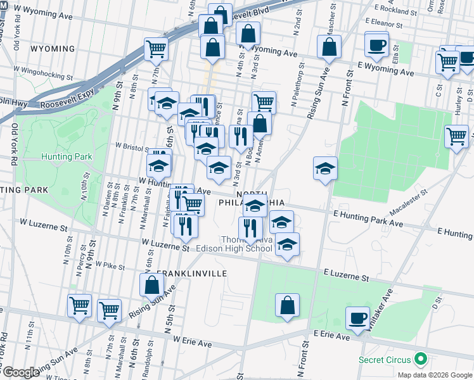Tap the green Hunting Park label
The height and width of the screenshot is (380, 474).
(x=67, y=156)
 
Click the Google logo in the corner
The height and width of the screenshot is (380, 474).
(x=20, y=372)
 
